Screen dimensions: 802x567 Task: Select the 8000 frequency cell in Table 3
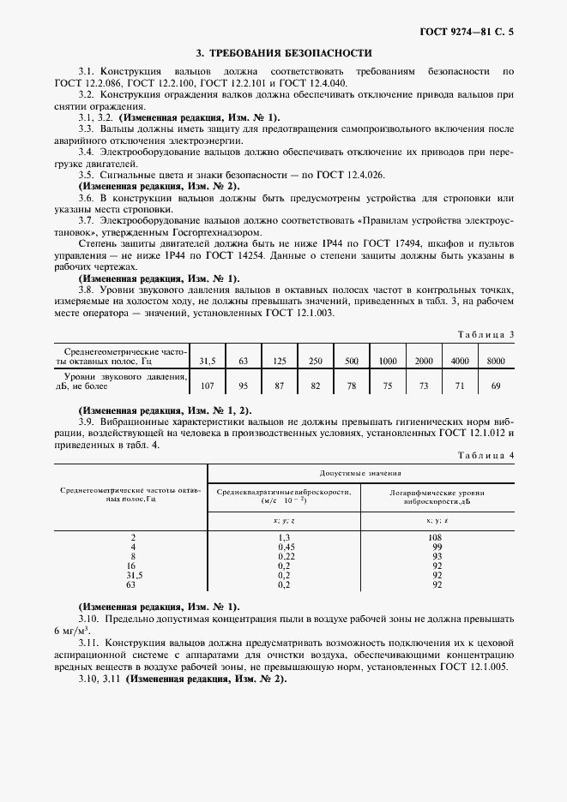[x=496, y=360]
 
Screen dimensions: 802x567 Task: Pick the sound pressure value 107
[x=206, y=386]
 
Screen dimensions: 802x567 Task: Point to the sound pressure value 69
[x=496, y=386]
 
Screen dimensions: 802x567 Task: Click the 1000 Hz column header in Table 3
[x=388, y=360]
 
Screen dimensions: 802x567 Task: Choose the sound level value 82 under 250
[x=316, y=386]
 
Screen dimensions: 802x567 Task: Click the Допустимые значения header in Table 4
[x=361, y=473]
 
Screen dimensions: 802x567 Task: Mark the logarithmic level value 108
[x=437, y=536]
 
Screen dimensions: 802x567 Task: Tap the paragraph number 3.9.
[x=86, y=422]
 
